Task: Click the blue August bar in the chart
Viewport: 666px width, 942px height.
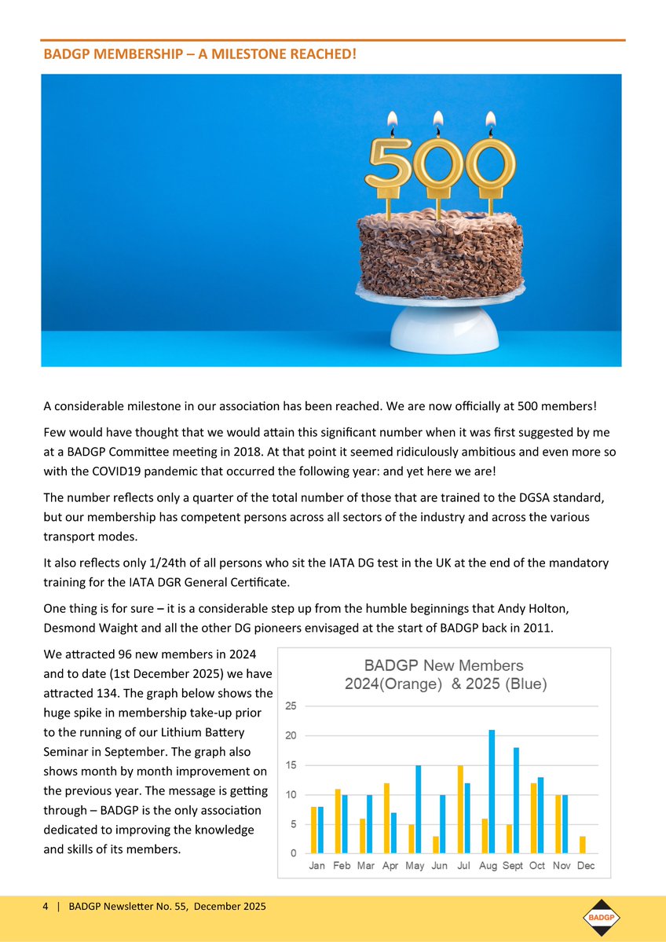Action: click(492, 791)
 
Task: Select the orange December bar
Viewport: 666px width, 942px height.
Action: click(582, 845)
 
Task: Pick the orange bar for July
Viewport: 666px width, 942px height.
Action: click(460, 809)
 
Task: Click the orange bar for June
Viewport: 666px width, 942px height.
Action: click(436, 845)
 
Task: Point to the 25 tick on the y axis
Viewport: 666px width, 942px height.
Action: click(291, 706)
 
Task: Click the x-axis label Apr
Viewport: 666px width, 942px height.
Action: click(390, 866)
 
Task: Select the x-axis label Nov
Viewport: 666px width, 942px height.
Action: click(561, 866)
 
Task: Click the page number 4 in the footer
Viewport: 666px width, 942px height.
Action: click(46, 907)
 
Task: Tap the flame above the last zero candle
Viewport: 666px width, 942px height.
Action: click(491, 121)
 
